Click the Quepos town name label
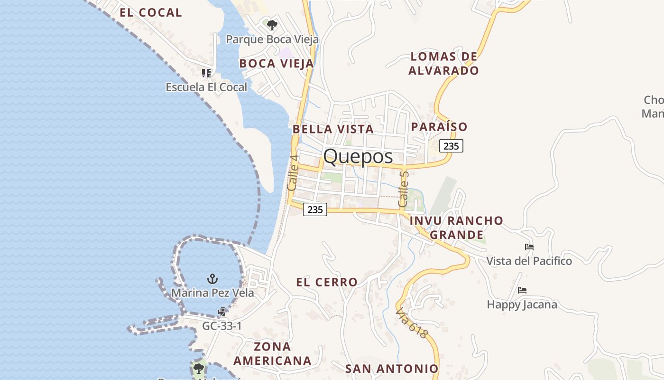pyautogui.click(x=358, y=156)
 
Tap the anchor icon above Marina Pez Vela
pyautogui.click(x=212, y=278)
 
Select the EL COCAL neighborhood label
pyautogui.click(x=151, y=13)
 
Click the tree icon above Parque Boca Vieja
pyautogui.click(x=272, y=25)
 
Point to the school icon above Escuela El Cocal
pyautogui.click(x=206, y=73)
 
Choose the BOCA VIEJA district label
pyautogui.click(x=277, y=64)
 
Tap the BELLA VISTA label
pyautogui.click(x=333, y=129)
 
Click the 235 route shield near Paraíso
pyautogui.click(x=451, y=146)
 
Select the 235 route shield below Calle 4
pyautogui.click(x=315, y=209)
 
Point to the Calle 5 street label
pyautogui.click(x=403, y=189)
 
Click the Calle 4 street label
pyautogui.click(x=293, y=173)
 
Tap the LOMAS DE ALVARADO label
pyautogui.click(x=443, y=64)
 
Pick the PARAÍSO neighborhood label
pyautogui.click(x=439, y=127)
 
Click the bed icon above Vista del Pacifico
pyautogui.click(x=529, y=247)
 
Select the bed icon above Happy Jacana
pyautogui.click(x=522, y=290)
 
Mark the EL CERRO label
pyautogui.click(x=327, y=282)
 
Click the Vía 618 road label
pyautogui.click(x=412, y=323)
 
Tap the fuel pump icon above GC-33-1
pyautogui.click(x=221, y=312)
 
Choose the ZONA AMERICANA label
pyautogui.click(x=272, y=353)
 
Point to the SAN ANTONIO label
pyautogui.click(x=392, y=369)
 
